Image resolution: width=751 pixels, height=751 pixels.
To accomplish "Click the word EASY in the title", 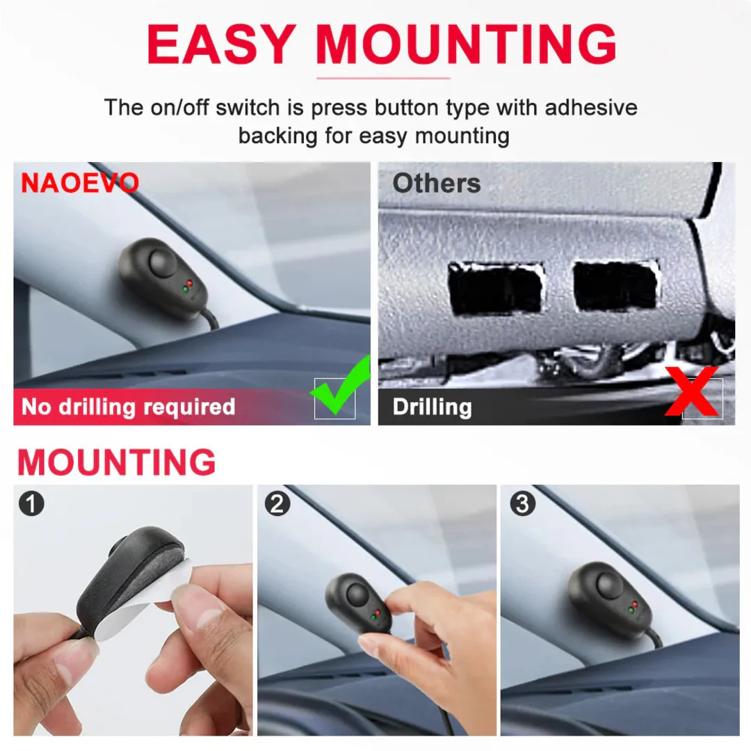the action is pyautogui.click(x=221, y=44).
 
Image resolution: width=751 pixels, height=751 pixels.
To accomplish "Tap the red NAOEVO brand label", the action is pyautogui.click(x=80, y=183).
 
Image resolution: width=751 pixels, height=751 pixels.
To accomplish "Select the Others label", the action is pyautogui.click(x=436, y=183).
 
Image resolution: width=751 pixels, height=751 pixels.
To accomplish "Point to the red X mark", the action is pyautogui.click(x=692, y=391).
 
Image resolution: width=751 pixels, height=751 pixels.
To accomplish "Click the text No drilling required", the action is pyautogui.click(x=129, y=407).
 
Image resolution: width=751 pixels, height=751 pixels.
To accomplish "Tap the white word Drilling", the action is pyautogui.click(x=432, y=407).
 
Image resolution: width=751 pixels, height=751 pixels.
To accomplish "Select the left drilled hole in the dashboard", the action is pyautogui.click(x=496, y=288).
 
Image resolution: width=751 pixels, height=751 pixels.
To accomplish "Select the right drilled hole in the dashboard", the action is pyautogui.click(x=615, y=286).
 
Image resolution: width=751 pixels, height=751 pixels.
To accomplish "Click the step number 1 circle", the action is pyautogui.click(x=31, y=503).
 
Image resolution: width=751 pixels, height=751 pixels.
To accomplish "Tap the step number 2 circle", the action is pyautogui.click(x=277, y=503).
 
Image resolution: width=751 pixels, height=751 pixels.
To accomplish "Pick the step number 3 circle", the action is pyautogui.click(x=522, y=503).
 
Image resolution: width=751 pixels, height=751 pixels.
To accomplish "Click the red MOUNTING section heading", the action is pyautogui.click(x=116, y=462).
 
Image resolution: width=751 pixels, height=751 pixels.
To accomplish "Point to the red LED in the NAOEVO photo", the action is pyautogui.click(x=190, y=283).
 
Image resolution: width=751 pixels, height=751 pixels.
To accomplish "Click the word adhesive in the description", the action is pyautogui.click(x=591, y=108).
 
